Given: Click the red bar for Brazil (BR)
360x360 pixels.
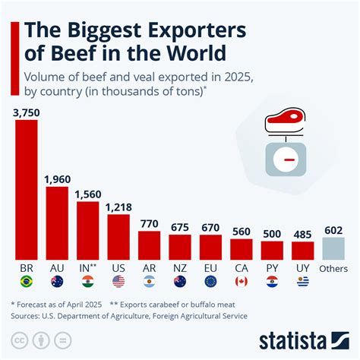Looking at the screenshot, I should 27,190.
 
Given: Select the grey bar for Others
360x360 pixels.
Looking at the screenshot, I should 333,248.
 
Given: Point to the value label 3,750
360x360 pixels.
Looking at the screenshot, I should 27,113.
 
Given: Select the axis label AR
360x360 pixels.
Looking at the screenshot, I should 149,269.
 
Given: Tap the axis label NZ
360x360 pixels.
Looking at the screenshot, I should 180,269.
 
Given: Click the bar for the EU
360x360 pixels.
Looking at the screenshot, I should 210,248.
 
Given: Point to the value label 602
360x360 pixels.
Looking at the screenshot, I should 333,229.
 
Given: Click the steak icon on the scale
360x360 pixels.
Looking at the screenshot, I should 280,121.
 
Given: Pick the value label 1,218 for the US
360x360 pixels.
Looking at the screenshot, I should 118,207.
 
